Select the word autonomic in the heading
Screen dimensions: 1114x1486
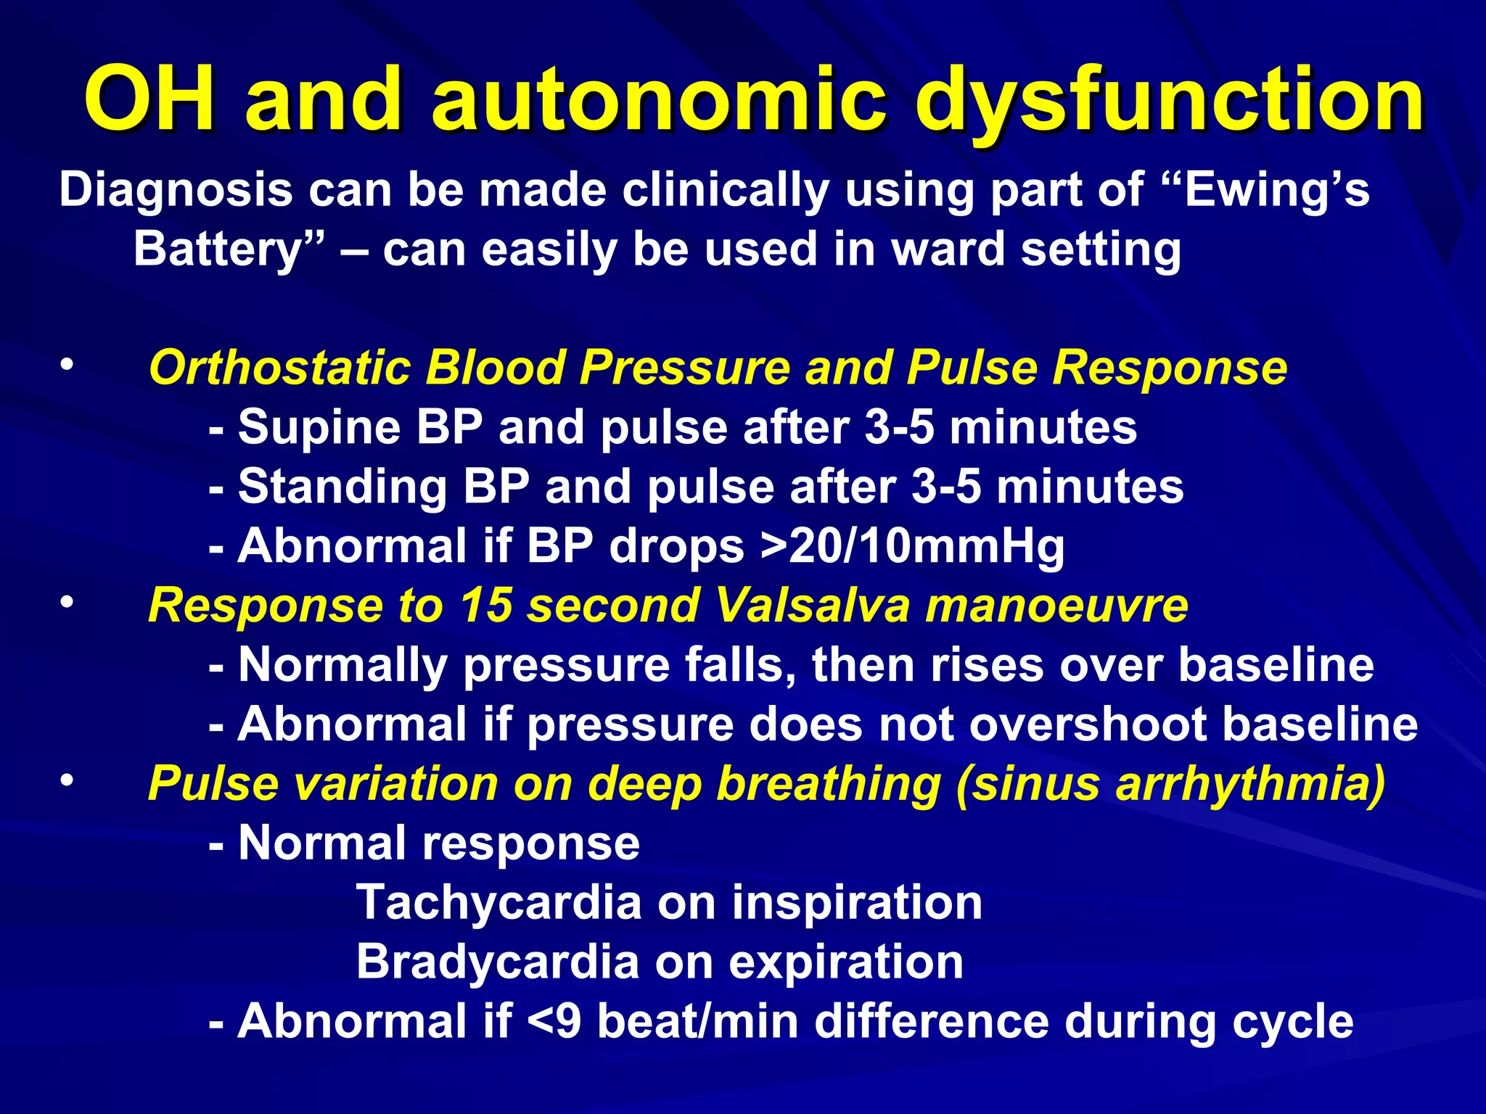point(659,99)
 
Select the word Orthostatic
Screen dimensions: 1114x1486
point(279,368)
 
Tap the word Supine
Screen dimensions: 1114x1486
point(319,428)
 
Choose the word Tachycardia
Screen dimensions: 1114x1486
point(499,903)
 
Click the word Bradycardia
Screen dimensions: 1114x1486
point(498,962)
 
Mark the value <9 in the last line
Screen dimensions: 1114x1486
point(554,1022)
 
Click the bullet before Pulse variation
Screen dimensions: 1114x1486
point(67,781)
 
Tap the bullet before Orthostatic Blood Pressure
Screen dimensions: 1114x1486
point(67,365)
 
